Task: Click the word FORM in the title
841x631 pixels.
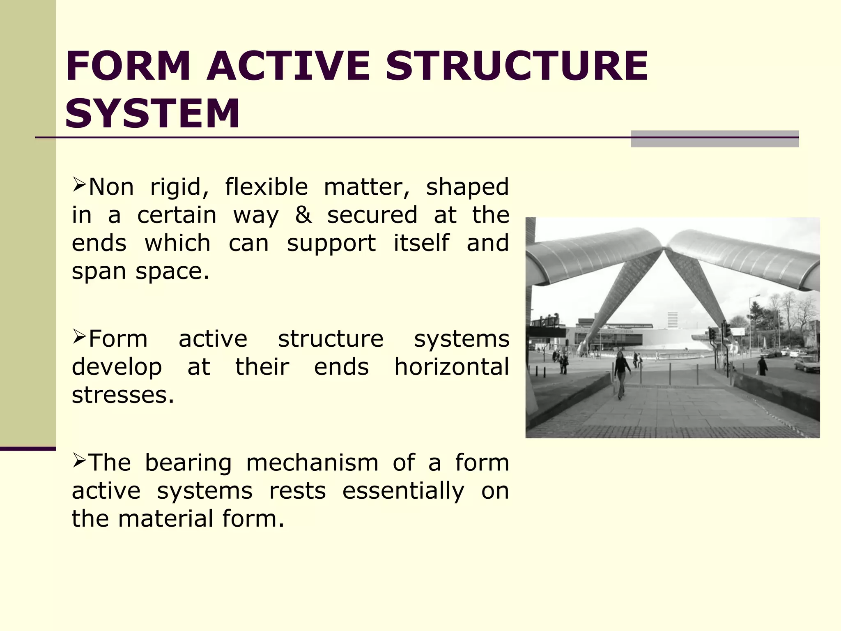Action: pyautogui.click(x=128, y=66)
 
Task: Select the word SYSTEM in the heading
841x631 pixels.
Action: pyautogui.click(x=152, y=113)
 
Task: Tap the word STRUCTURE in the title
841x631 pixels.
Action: pyautogui.click(x=517, y=66)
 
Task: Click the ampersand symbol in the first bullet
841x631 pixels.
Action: pyautogui.click(x=303, y=215)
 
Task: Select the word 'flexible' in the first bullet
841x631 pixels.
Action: pyautogui.click(x=266, y=187)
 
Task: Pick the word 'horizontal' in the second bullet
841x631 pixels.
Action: pyautogui.click(x=452, y=367)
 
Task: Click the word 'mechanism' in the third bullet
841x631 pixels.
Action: pyautogui.click(x=312, y=463)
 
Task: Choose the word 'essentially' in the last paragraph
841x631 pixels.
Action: pyautogui.click(x=403, y=491)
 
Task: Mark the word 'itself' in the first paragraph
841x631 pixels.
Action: pyautogui.click(x=421, y=243)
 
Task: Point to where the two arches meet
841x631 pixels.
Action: pyautogui.click(x=664, y=248)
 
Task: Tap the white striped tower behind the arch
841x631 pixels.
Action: pyautogui.click(x=673, y=320)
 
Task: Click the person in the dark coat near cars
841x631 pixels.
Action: pyautogui.click(x=762, y=366)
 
